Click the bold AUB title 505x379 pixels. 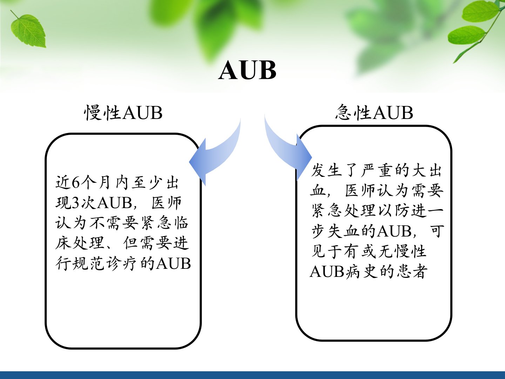tap(247, 70)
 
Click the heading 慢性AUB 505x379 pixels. tap(123, 113)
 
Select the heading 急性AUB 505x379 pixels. tap(374, 112)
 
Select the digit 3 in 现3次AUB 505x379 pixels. tap(76, 203)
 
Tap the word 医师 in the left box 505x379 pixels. tap(167, 203)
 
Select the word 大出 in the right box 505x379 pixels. tap(427, 171)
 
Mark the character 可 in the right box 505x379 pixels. tap(436, 231)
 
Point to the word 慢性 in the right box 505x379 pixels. tap(411, 251)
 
